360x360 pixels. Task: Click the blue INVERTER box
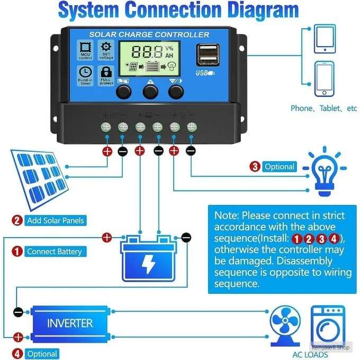point(70,322)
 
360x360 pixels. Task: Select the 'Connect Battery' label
point(54,251)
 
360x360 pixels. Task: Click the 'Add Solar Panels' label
point(55,220)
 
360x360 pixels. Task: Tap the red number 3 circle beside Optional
point(255,167)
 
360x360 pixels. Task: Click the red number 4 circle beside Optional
point(18,354)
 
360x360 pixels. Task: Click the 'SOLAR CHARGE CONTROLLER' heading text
point(149,34)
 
